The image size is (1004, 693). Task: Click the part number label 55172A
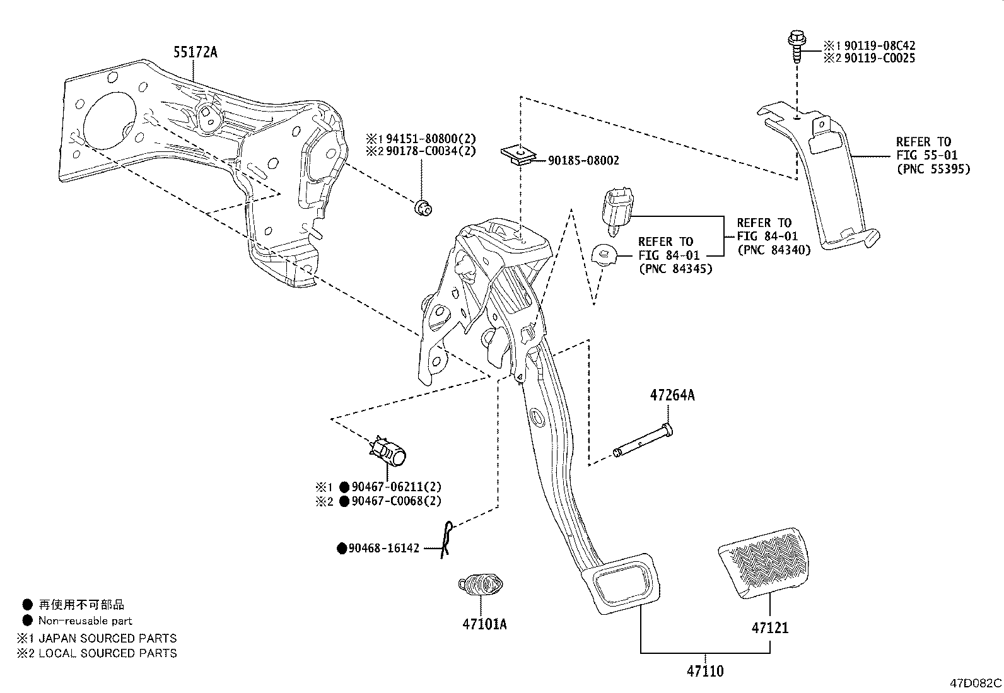pyautogui.click(x=196, y=52)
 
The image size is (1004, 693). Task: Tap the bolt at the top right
pyautogui.click(x=797, y=47)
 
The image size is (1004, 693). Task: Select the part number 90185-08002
pyautogui.click(x=583, y=160)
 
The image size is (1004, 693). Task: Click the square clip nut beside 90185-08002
pyautogui.click(x=518, y=155)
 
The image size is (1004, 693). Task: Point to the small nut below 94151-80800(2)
pyautogui.click(x=423, y=209)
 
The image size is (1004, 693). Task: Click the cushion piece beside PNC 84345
pyautogui.click(x=604, y=255)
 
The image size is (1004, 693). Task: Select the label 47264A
pyautogui.click(x=672, y=395)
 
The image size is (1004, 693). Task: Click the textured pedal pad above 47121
pyautogui.click(x=764, y=563)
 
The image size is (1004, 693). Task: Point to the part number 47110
pyautogui.click(x=705, y=671)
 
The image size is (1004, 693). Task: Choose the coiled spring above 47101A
pyautogui.click(x=481, y=584)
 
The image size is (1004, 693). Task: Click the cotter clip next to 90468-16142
pyautogui.click(x=447, y=540)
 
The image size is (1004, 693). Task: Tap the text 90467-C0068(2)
pyautogui.click(x=396, y=501)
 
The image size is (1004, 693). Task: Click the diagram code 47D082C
pyautogui.click(x=976, y=683)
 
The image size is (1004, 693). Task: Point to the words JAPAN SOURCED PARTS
pyautogui.click(x=108, y=638)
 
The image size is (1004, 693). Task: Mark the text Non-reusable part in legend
pyautogui.click(x=85, y=621)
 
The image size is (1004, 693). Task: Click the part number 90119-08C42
pyautogui.click(x=880, y=46)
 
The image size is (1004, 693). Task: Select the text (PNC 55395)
pyautogui.click(x=933, y=169)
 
